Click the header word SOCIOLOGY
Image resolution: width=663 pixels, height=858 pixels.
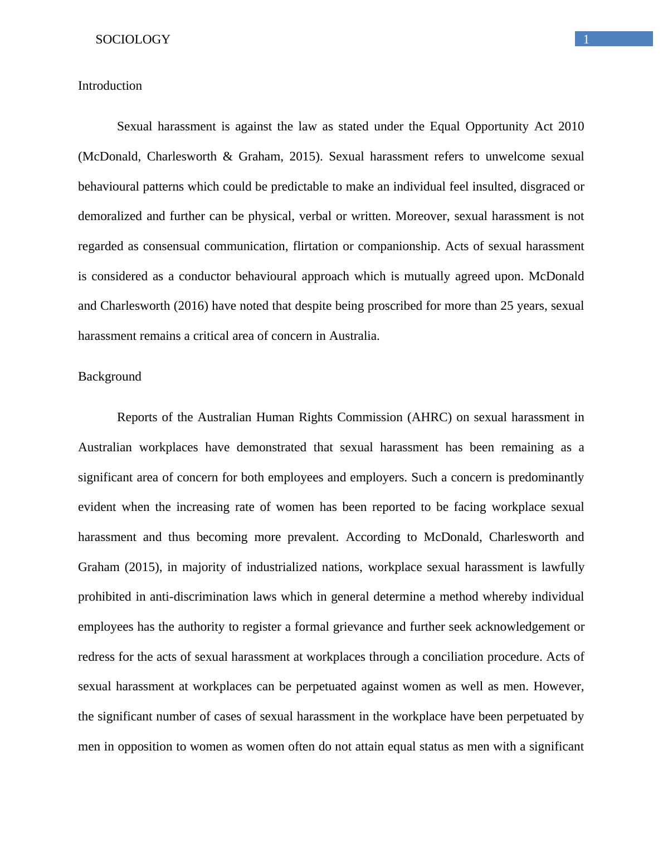point(133,40)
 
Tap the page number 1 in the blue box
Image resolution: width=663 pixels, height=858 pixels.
point(586,39)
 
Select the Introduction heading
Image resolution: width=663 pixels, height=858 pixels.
point(110,86)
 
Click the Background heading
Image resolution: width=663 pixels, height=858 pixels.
point(109,377)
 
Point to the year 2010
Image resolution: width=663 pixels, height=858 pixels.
point(571,126)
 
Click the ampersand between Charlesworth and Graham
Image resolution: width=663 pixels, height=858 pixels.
point(227,157)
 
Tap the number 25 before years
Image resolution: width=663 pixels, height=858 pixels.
point(507,306)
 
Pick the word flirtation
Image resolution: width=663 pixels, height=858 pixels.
point(315,246)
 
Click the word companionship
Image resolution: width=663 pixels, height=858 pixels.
point(398,246)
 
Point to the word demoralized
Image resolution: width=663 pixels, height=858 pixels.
point(110,216)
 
